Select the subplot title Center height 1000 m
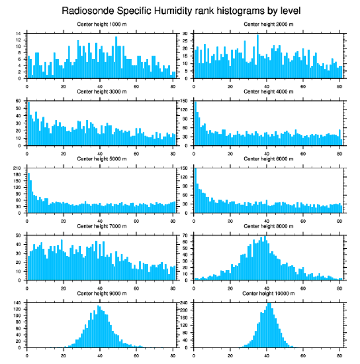(x=101, y=24)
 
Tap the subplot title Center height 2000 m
(x=268, y=24)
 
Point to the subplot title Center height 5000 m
(x=101, y=159)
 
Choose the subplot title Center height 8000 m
(x=268, y=226)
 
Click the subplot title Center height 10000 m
(x=268, y=294)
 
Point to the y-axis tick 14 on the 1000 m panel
(x=19, y=34)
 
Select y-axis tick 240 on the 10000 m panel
(x=184, y=303)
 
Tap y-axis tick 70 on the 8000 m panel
(x=186, y=235)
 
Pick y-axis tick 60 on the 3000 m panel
(x=19, y=101)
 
